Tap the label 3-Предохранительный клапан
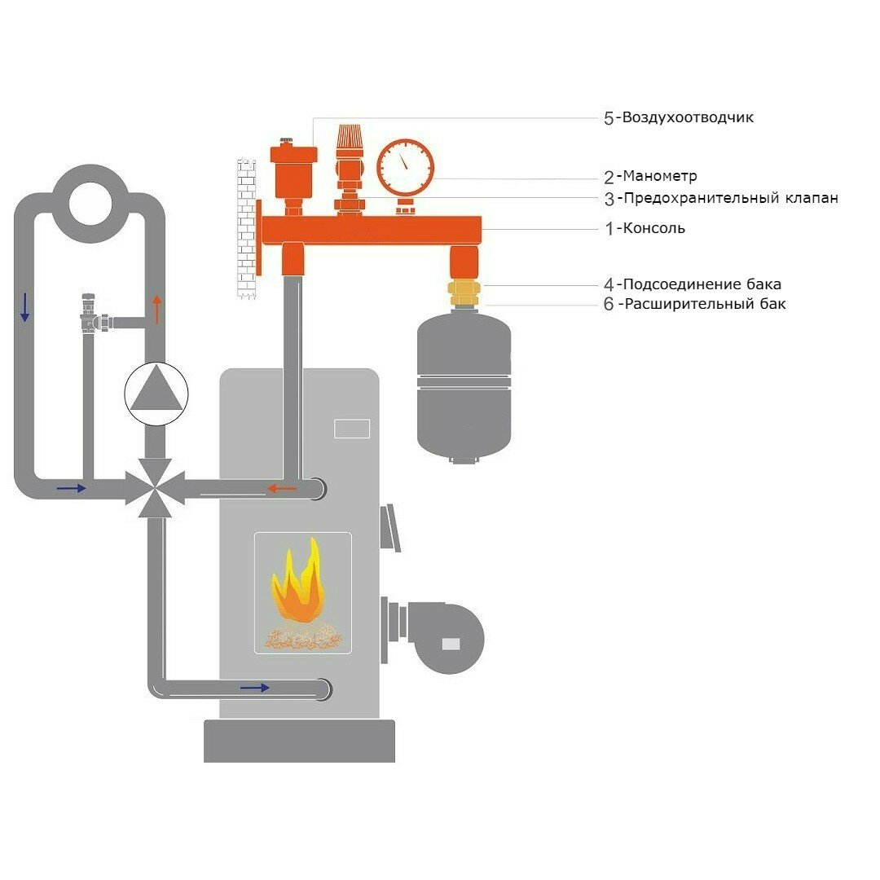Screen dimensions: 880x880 pyautogui.click(x=720, y=198)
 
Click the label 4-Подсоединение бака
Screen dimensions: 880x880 pyautogui.click(x=692, y=285)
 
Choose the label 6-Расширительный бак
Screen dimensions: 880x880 pyautogui.click(x=695, y=305)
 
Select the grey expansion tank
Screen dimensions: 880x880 pyautogui.click(x=464, y=383)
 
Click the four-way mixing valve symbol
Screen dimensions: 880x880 pyautogui.click(x=156, y=488)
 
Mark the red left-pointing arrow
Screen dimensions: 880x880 pyautogui.click(x=283, y=489)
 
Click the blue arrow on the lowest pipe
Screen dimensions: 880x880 pyautogui.click(x=255, y=688)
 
